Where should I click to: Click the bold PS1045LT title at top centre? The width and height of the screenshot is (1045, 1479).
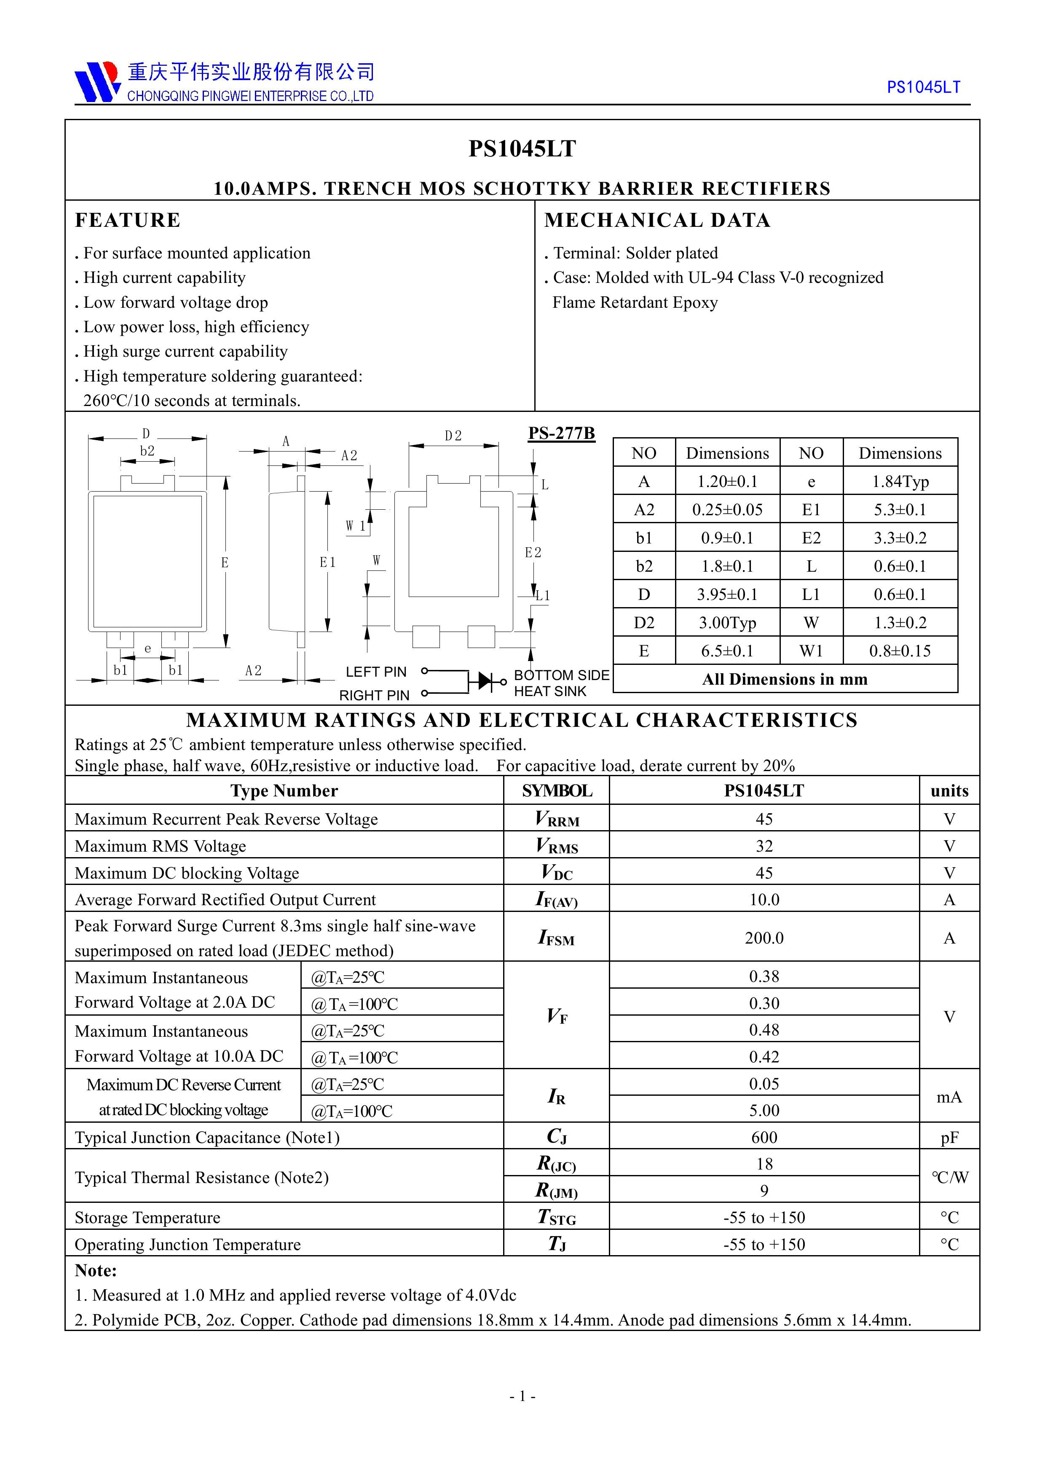522,149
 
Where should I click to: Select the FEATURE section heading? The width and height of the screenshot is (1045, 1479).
128,221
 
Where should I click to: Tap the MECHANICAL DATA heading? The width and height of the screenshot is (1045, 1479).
657,221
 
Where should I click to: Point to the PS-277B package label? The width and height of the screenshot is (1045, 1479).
561,433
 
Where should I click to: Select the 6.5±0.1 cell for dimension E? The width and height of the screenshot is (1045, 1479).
727,651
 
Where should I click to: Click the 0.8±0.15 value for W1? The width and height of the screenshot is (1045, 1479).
900,651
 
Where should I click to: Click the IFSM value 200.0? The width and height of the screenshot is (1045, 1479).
764,938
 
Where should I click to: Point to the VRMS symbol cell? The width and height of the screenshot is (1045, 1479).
556,846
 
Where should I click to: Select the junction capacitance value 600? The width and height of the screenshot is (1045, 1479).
764,1137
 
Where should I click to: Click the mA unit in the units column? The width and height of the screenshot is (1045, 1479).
949,1097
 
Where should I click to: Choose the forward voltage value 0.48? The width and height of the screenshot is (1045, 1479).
764,1030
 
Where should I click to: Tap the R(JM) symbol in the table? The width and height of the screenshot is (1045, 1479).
556,1191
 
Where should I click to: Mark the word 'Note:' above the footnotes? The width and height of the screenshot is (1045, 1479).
95,1270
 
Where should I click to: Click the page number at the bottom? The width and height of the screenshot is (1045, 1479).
522,1396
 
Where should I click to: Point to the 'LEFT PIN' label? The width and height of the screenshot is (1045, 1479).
376,672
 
